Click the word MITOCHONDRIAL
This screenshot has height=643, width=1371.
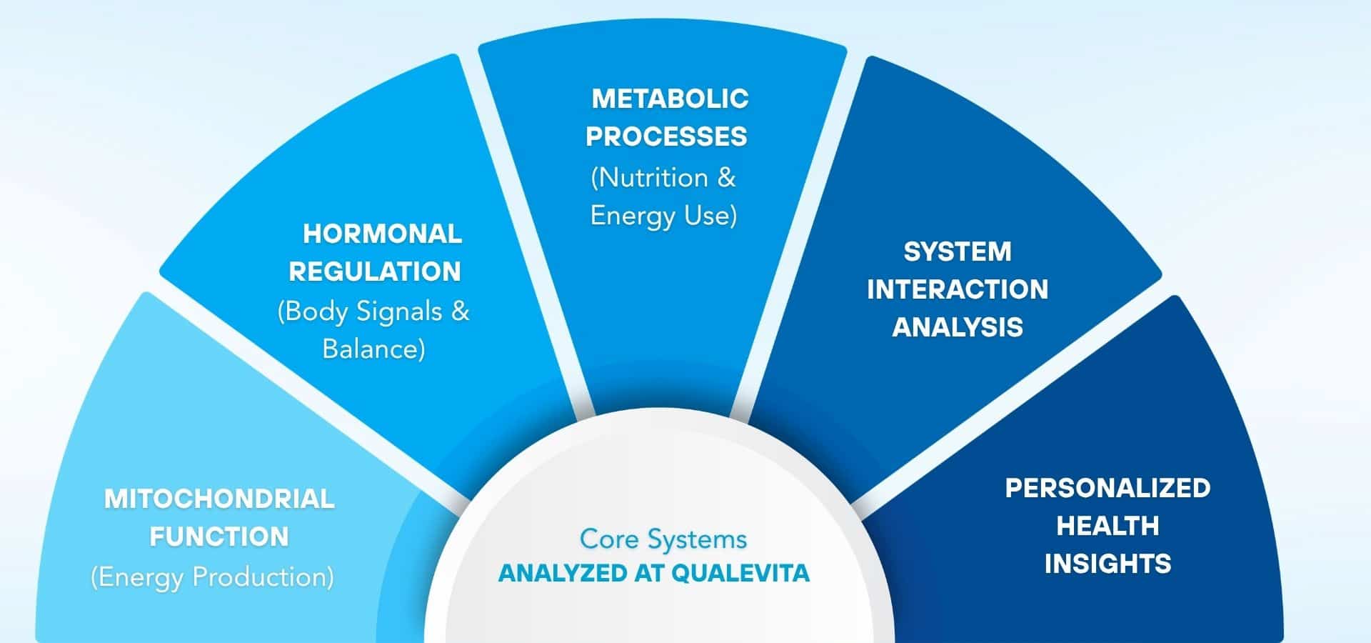point(219,499)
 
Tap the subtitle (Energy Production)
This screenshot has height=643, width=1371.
point(212,577)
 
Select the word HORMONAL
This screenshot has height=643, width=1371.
point(382,234)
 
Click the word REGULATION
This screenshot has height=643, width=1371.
point(375,271)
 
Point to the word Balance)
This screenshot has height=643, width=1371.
point(373,349)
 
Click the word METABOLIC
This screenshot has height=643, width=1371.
point(670,99)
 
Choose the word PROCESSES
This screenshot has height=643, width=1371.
point(666,136)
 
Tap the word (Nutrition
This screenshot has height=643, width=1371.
point(649,177)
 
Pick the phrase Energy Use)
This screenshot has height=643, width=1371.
point(663,215)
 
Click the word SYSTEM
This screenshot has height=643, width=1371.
point(958,251)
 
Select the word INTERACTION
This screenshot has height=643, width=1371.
point(958,289)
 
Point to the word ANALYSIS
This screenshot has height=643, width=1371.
point(958,327)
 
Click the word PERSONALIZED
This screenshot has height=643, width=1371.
point(1108,488)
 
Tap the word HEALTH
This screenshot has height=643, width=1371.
point(1108,526)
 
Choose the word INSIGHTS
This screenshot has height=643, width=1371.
point(1108,564)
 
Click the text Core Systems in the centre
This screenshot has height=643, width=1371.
point(663,539)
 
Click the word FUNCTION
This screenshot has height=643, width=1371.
point(219,537)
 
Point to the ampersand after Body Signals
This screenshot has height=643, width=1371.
point(461,311)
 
